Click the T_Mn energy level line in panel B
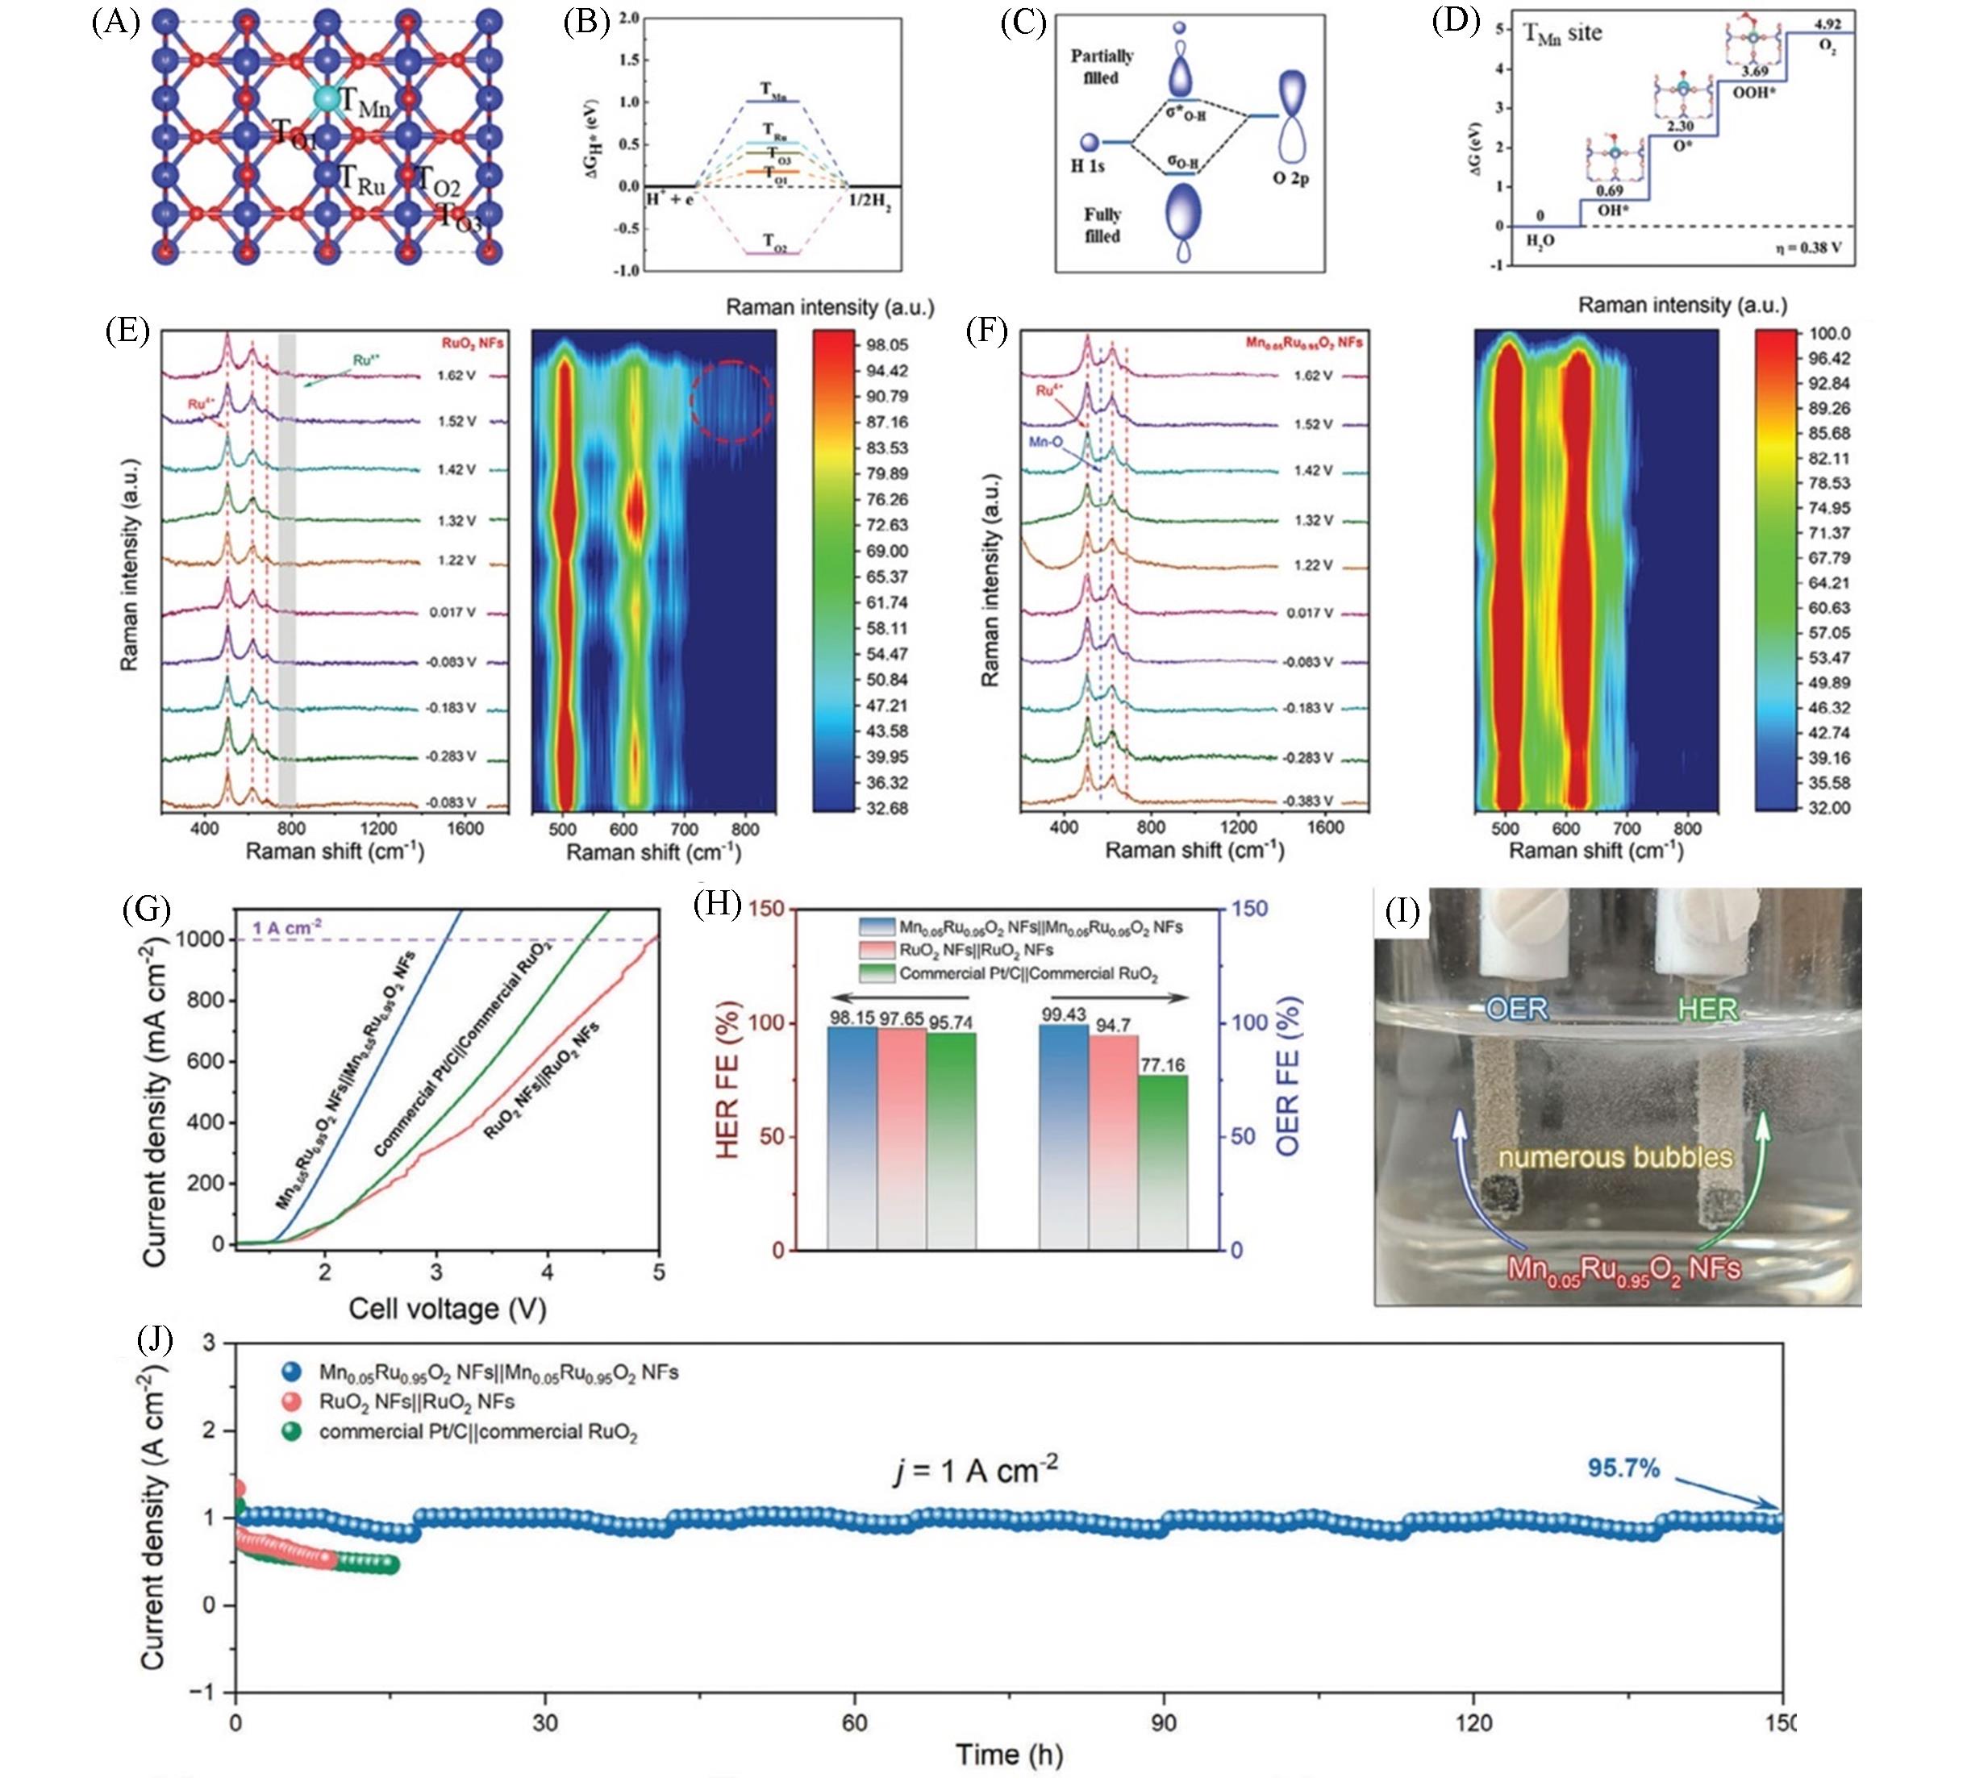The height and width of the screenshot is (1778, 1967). (772, 102)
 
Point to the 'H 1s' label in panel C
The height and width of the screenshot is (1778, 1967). (1087, 166)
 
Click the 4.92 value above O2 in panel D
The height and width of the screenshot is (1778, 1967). (1827, 24)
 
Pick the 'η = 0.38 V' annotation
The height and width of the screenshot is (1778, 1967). (1808, 248)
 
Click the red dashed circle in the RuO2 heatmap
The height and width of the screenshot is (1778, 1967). (731, 401)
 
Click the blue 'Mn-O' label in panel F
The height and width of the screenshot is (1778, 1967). (1045, 442)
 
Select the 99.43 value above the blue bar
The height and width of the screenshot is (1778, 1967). (1064, 1015)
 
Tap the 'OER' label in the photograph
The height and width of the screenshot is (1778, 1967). (1516, 1009)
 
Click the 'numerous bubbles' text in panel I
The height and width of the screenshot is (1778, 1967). (1615, 1158)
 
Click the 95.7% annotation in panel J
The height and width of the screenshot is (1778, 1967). (1623, 1468)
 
